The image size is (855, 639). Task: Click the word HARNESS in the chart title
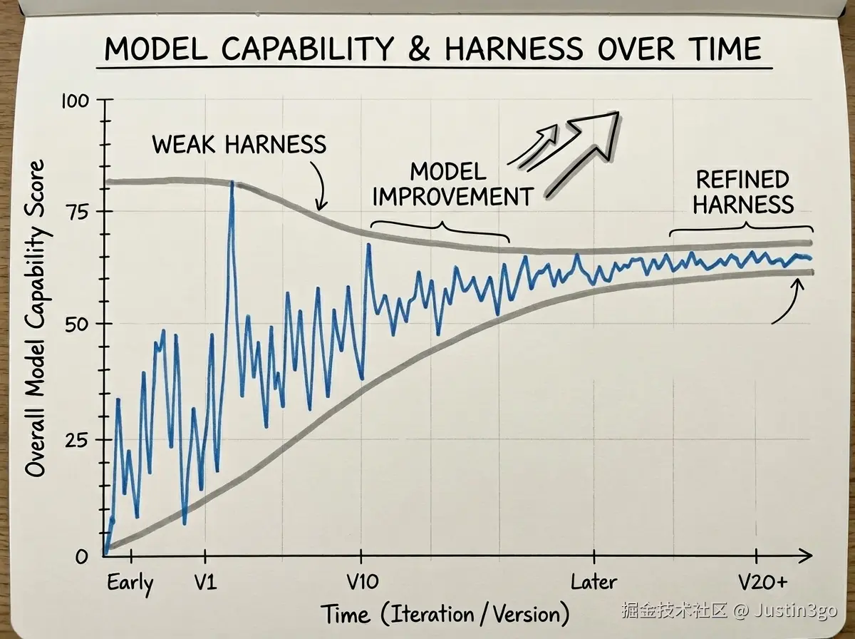[x=510, y=48]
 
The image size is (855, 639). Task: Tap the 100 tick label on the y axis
[x=76, y=101]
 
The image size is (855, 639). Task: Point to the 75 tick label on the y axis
[x=78, y=212]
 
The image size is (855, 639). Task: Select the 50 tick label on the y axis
[x=78, y=324]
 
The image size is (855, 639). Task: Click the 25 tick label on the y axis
[x=78, y=440]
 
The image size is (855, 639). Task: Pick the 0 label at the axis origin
[x=83, y=556]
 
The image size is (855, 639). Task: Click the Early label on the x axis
[x=130, y=583]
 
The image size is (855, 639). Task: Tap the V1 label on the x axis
[x=204, y=582]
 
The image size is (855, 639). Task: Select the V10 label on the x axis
[x=361, y=582]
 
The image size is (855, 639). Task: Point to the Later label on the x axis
[x=594, y=582]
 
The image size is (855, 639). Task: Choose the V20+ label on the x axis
[x=762, y=582]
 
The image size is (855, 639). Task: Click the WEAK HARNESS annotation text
[x=239, y=145]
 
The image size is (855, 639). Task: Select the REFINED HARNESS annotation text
[x=743, y=192]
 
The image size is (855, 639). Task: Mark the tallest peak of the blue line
[x=232, y=184]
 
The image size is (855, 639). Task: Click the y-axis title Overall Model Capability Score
[x=36, y=318]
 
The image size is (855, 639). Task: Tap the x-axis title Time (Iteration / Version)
[x=445, y=614]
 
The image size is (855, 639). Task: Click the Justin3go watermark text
[x=791, y=610]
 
